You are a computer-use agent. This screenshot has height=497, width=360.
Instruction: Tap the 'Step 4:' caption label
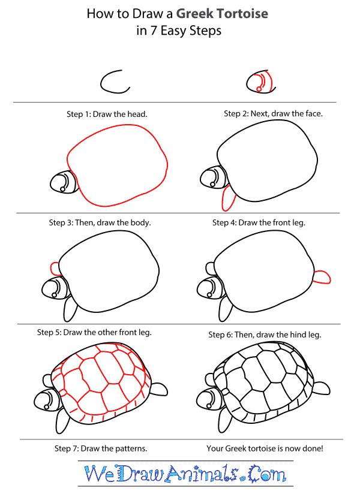tap(226, 222)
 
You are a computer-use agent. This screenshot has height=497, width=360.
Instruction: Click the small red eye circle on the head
tap(259, 89)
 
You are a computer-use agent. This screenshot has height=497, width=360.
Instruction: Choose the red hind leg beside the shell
tap(322, 276)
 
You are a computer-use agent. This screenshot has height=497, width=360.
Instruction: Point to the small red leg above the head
tap(54, 267)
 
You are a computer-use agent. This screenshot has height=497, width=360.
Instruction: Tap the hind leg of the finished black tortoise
tap(321, 389)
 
